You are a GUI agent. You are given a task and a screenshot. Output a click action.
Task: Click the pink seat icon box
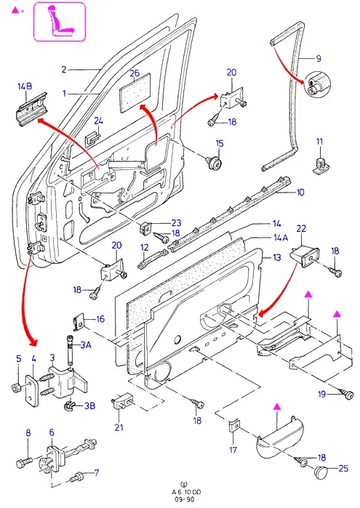point(60,22)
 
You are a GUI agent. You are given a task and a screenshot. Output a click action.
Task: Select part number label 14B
point(25,86)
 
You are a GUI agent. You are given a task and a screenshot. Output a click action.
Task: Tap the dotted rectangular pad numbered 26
point(135,92)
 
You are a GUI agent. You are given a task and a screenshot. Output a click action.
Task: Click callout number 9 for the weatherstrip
point(319,58)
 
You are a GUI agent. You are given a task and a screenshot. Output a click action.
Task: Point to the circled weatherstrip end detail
point(316,84)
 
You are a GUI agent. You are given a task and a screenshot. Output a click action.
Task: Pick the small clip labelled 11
point(320,165)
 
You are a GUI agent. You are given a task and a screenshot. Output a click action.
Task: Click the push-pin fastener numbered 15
point(215,162)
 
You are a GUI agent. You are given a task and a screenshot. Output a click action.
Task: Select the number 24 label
point(99,121)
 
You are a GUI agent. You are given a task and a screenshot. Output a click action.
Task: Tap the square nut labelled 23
point(145,229)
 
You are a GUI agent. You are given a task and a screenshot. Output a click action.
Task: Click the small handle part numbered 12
point(153,260)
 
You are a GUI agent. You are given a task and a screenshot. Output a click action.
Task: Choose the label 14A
point(281,238)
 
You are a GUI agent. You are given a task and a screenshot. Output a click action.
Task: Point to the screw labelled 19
point(347,395)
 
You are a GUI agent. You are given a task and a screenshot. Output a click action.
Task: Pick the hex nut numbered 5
point(16,387)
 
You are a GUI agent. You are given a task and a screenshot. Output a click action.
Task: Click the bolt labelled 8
point(24,462)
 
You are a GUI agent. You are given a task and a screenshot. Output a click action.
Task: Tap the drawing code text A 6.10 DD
point(186,492)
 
